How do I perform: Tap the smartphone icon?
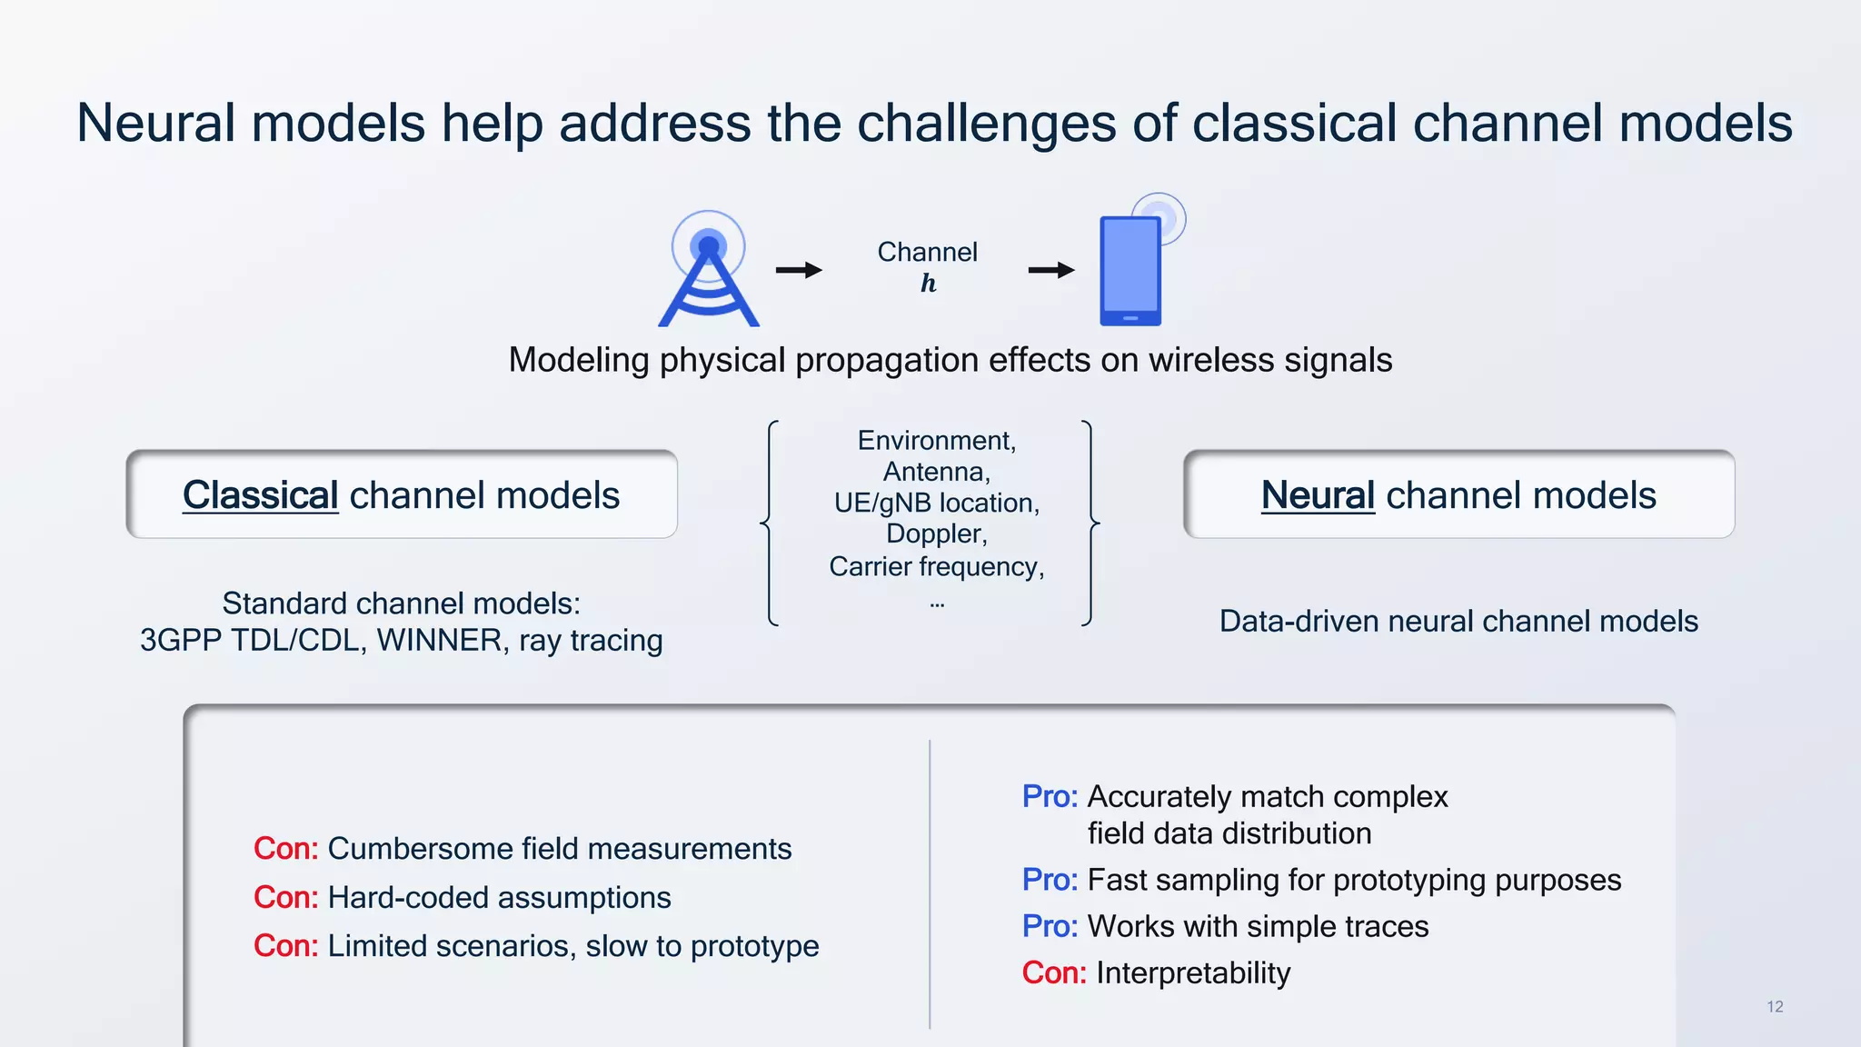click(x=1130, y=271)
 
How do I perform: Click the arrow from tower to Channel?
click(x=799, y=270)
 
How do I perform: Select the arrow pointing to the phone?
click(x=1051, y=270)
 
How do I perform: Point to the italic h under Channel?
click(x=928, y=284)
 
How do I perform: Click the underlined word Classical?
click(x=261, y=495)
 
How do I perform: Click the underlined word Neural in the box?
click(x=1318, y=495)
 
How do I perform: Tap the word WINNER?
click(x=441, y=641)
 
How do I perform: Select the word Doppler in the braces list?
click(x=936, y=533)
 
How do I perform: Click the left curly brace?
click(x=770, y=523)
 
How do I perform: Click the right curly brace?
click(x=1090, y=523)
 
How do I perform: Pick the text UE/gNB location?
click(x=936, y=503)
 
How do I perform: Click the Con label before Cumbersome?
click(x=285, y=849)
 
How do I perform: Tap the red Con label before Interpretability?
click(x=1053, y=973)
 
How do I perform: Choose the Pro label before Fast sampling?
click(x=1049, y=880)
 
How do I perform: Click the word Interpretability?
click(x=1193, y=973)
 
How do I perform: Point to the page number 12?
click(x=1775, y=1007)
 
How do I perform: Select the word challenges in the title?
click(x=986, y=124)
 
